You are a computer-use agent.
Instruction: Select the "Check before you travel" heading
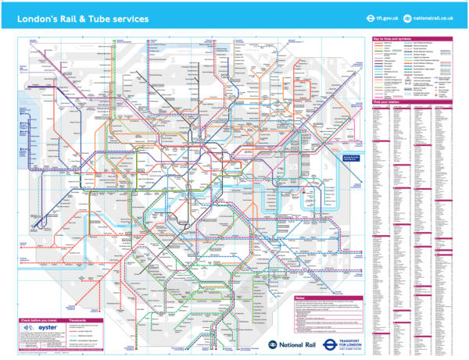click(x=40, y=320)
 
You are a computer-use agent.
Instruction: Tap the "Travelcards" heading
click(x=78, y=320)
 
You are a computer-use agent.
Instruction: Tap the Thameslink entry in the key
click(x=419, y=75)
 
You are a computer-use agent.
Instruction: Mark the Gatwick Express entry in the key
click(x=419, y=46)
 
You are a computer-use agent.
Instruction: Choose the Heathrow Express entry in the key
click(x=419, y=57)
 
